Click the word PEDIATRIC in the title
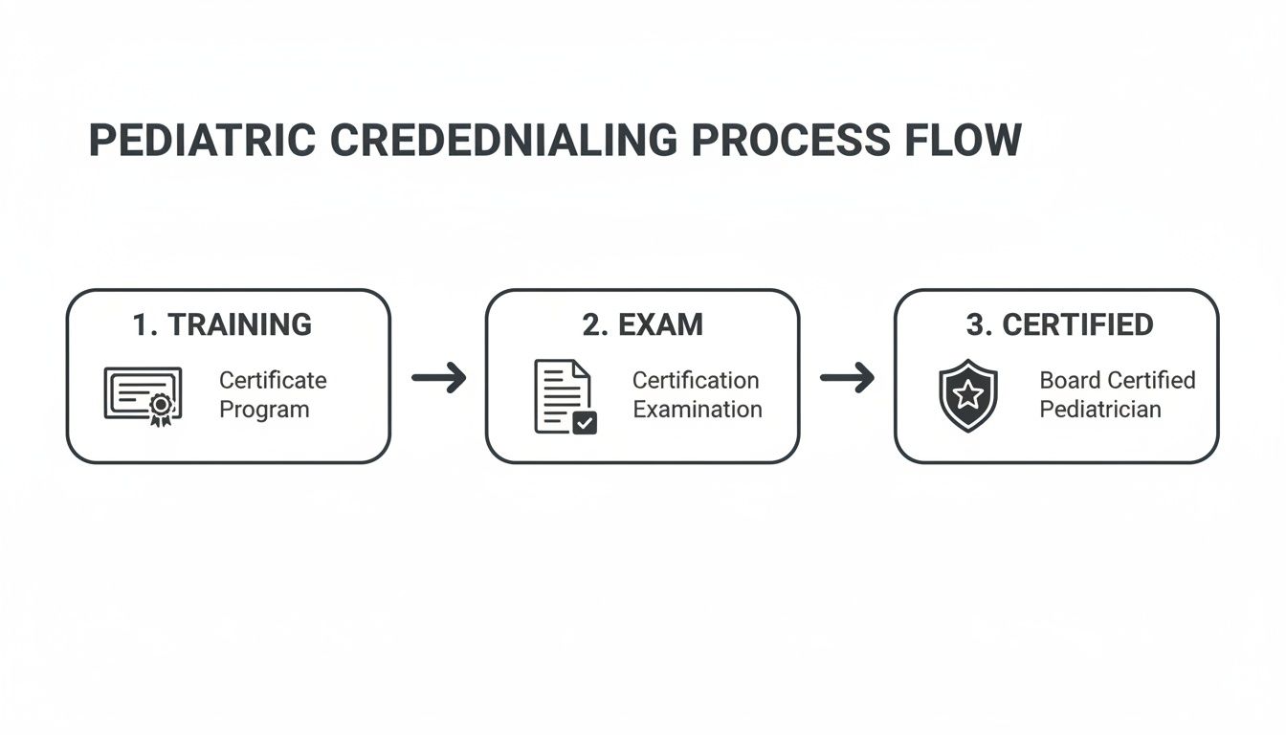[202, 141]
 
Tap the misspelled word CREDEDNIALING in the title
[502, 141]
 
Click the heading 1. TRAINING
[222, 324]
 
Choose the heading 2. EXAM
[642, 324]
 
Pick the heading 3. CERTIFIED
[1059, 324]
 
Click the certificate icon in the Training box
[142, 395]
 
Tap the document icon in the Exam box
[564, 395]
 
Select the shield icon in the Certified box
[967, 395]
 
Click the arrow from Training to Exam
[438, 377]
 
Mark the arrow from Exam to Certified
[847, 377]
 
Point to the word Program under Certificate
[264, 411]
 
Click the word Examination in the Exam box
[698, 410]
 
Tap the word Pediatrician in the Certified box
[1100, 410]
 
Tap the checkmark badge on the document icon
[585, 422]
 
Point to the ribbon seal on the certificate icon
[160, 408]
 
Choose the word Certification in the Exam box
[696, 380]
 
